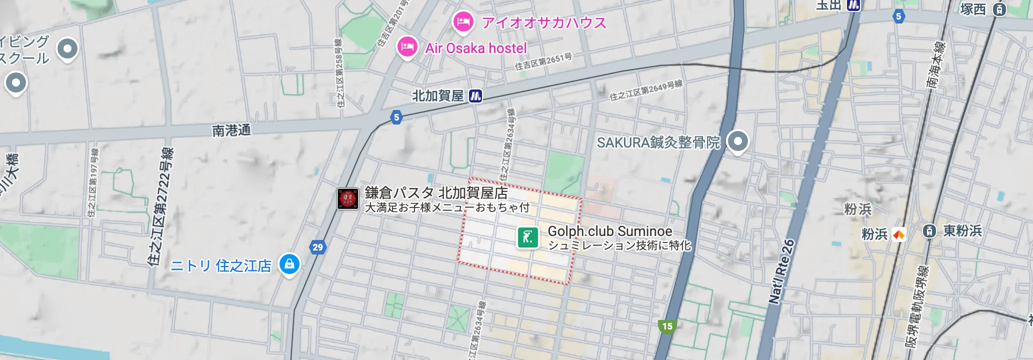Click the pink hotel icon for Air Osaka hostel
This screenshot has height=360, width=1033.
pyautogui.click(x=407, y=46)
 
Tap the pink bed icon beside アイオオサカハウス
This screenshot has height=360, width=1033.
pyautogui.click(x=463, y=21)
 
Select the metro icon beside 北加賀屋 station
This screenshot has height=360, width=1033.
pyautogui.click(x=475, y=95)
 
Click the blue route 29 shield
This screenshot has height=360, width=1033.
pyautogui.click(x=317, y=247)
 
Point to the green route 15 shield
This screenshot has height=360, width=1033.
pyautogui.click(x=667, y=326)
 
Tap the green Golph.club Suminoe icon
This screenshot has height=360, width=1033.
pyautogui.click(x=527, y=237)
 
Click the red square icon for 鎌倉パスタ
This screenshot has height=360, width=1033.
pyautogui.click(x=347, y=198)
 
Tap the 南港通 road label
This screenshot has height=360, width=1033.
pyautogui.click(x=231, y=130)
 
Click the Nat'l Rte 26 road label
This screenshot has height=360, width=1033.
pyautogui.click(x=781, y=271)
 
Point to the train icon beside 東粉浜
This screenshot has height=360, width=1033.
pyautogui.click(x=929, y=231)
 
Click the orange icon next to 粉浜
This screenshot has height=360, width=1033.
pyautogui.click(x=898, y=234)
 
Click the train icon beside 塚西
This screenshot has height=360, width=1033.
pyautogui.click(x=999, y=9)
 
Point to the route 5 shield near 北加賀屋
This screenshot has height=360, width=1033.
pyautogui.click(x=396, y=117)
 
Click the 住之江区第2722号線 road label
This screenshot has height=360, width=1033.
pyautogui.click(x=160, y=206)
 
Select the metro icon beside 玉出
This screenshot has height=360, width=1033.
pyautogui.click(x=853, y=5)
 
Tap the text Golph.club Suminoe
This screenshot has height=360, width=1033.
pyautogui.click(x=609, y=231)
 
